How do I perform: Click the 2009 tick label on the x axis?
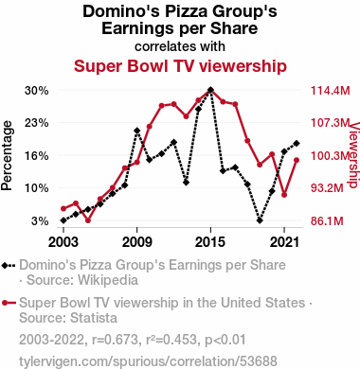click(136, 242)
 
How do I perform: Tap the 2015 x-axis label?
click(210, 242)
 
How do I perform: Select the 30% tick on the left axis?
click(37, 91)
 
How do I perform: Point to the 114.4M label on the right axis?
click(331, 91)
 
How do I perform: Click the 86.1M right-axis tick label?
click(327, 220)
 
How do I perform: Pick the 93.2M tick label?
click(327, 188)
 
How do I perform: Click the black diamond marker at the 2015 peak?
click(210, 90)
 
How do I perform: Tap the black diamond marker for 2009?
click(136, 131)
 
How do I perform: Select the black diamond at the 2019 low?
click(260, 220)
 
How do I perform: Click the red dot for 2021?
click(284, 195)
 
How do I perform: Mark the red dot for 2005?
click(88, 220)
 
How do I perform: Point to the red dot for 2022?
click(297, 160)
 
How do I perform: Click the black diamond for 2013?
click(186, 183)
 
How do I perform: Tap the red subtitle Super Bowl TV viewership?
click(180, 66)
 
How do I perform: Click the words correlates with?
click(180, 46)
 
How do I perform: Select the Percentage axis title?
click(7, 155)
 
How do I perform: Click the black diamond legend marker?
click(6, 266)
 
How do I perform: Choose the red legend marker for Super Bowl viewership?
click(5, 303)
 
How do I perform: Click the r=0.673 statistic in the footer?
click(115, 340)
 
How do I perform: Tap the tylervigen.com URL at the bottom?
click(148, 361)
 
